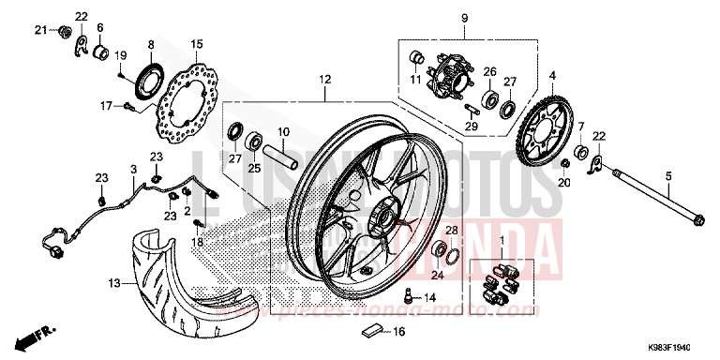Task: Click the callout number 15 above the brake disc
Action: point(196,44)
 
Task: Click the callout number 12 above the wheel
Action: point(324,81)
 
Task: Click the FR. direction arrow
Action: point(42,334)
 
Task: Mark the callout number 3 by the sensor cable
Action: point(133,170)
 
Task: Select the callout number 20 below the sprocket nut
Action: point(562,184)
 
